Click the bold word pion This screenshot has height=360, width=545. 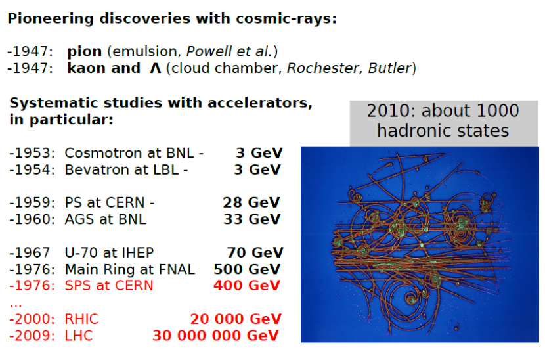tap(85, 52)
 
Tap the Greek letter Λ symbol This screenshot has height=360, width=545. tap(156, 68)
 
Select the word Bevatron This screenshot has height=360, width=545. tap(97, 169)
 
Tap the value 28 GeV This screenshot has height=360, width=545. tap(251, 202)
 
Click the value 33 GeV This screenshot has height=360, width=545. tap(251, 219)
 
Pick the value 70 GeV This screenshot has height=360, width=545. tap(255, 252)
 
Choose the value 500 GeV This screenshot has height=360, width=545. tap(247, 269)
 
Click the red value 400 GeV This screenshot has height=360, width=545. tap(247, 286)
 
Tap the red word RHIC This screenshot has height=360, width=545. tap(81, 319)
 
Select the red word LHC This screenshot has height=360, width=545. tap(79, 336)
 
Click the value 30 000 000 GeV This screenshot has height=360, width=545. tap(215, 336)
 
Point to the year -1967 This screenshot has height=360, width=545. tap(30, 252)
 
